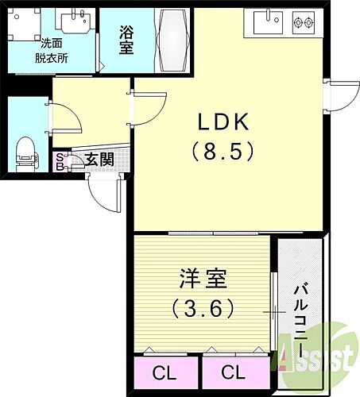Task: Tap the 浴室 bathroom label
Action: point(126,39)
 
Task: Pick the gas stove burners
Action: point(304,21)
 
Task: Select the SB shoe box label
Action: point(60,161)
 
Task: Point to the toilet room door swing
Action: point(67,118)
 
